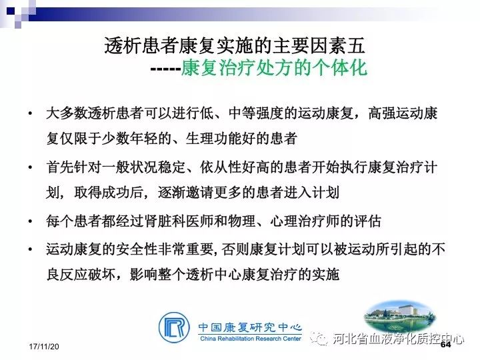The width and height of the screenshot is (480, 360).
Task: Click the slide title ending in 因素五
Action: [235, 46]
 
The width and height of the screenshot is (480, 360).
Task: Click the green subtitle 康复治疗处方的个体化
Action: [274, 67]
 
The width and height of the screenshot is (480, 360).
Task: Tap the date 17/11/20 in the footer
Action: [44, 347]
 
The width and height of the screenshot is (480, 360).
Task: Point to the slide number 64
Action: [446, 345]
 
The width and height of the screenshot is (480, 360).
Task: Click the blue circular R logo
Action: [174, 327]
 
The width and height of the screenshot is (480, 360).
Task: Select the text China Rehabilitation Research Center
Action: [251, 339]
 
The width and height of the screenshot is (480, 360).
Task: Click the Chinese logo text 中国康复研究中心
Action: [250, 327]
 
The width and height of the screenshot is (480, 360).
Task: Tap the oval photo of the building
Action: [400, 316]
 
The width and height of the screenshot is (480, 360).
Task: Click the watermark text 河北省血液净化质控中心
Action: [398, 339]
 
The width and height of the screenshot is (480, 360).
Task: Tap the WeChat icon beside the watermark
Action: [319, 338]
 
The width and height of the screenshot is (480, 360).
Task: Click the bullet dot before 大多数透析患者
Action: [30, 113]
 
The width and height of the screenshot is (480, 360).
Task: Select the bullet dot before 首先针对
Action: [30, 167]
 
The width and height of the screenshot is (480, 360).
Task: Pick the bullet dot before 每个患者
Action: [30, 221]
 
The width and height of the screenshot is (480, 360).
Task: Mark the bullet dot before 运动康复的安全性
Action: [30, 249]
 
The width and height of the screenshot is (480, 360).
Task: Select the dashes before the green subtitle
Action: [165, 69]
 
